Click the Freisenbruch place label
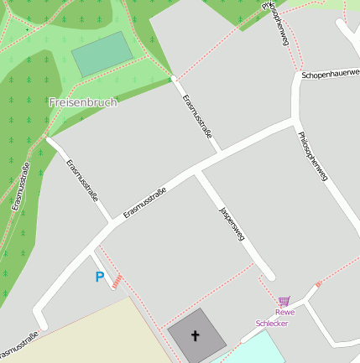83,101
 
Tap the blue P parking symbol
99,277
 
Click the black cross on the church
196,335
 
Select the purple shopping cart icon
284,301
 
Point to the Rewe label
285,313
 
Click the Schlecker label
273,323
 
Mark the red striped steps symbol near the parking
120,279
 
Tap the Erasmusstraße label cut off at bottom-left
18,344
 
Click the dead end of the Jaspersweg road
269,276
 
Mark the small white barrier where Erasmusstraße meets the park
174,78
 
